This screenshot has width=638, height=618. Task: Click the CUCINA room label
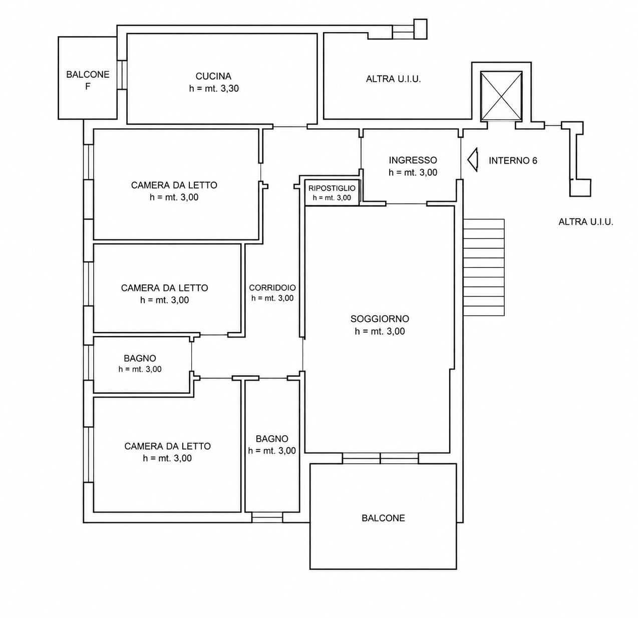213,77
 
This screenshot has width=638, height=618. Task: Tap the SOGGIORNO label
380,319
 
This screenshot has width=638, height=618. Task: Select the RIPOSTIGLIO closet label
332,188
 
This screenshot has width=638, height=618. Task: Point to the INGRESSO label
413,160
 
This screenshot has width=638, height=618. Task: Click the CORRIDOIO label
272,287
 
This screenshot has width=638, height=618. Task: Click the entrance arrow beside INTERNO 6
472,160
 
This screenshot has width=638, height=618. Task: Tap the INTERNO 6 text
513,161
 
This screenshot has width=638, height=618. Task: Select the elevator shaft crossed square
501,96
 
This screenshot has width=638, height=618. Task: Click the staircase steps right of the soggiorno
484,267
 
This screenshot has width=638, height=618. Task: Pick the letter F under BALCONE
88,87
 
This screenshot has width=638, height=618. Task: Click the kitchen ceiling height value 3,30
229,89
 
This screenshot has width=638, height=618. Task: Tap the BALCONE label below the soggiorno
383,518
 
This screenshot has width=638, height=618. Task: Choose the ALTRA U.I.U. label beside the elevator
394,79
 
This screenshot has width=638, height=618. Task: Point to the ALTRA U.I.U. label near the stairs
586,222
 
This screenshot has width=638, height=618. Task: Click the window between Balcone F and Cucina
122,75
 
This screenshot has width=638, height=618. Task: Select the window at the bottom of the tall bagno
267,517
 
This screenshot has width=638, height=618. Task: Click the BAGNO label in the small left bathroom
140,359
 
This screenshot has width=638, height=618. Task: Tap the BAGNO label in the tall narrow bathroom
272,439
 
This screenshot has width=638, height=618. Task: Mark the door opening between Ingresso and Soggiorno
406,204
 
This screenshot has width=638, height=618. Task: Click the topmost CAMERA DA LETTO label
174,185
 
